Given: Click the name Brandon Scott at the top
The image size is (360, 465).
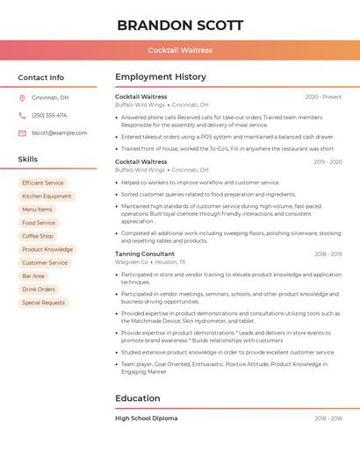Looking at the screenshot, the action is point(180,25).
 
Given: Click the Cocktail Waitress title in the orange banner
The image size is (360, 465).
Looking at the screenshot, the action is point(180,50).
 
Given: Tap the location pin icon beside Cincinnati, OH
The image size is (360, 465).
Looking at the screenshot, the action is point(22,98).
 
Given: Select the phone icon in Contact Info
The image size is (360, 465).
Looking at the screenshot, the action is point(22,115).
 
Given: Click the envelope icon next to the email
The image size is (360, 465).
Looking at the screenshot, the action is point(22,132).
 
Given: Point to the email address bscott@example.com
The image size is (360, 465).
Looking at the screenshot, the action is point(59,132).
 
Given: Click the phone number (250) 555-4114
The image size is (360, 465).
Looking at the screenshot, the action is point(49,115).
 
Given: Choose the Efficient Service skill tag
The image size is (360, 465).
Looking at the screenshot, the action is point(43,182).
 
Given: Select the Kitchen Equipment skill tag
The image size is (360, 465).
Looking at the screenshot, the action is point(47,197).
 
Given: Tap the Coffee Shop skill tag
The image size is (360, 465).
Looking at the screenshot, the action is point(38,236).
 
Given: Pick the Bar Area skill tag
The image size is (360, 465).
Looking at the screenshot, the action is point(33,275).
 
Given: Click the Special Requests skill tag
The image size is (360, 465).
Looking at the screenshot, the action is point(43,303).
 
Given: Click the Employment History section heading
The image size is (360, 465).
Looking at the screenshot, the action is point(161,77).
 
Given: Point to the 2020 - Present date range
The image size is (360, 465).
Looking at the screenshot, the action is point(323,97).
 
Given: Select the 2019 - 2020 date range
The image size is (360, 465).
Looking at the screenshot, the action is point(327,161).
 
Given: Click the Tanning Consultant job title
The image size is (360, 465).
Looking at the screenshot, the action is point(145,254).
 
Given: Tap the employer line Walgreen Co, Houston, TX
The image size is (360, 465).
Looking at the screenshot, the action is point(150,261).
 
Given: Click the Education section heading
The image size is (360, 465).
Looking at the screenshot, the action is point(138,398).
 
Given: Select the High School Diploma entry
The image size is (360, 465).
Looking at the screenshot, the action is point(146,418).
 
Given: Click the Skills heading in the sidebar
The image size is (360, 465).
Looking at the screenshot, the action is point(28,160).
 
